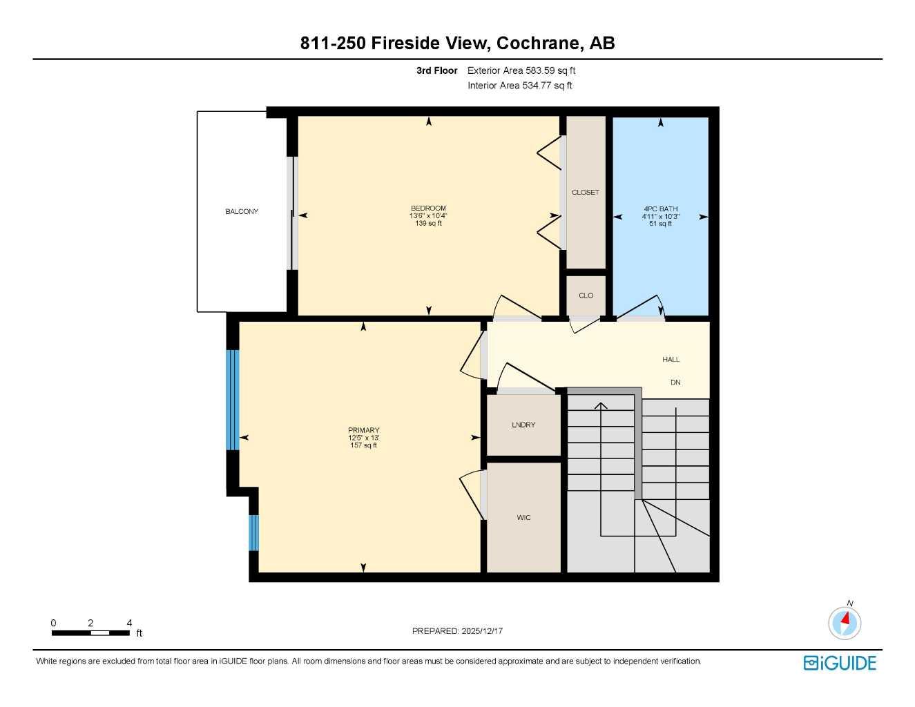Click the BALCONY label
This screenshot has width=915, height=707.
point(242,211)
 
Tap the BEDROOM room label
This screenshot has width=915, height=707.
point(428,208)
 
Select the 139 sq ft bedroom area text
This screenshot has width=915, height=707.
point(428,223)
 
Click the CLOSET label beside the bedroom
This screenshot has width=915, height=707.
point(586,192)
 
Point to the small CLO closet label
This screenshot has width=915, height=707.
point(586,296)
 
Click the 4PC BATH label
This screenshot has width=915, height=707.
point(660,209)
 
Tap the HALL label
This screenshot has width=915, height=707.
point(671,359)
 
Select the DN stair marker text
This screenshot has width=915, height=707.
point(675,382)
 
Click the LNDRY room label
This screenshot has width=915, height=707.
point(523,425)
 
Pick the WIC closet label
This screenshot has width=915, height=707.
point(523,517)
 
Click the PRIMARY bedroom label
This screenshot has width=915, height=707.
point(363,430)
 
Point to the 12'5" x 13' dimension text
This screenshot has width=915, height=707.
point(363,438)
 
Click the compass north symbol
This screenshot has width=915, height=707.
point(845,622)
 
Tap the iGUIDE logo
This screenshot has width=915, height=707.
point(840,663)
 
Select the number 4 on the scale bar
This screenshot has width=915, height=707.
point(129,623)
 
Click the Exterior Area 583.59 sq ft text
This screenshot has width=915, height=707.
point(521,70)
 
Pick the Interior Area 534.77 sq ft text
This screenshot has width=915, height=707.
point(519,86)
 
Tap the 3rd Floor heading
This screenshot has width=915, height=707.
point(436,70)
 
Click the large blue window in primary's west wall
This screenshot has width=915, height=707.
point(232,400)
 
